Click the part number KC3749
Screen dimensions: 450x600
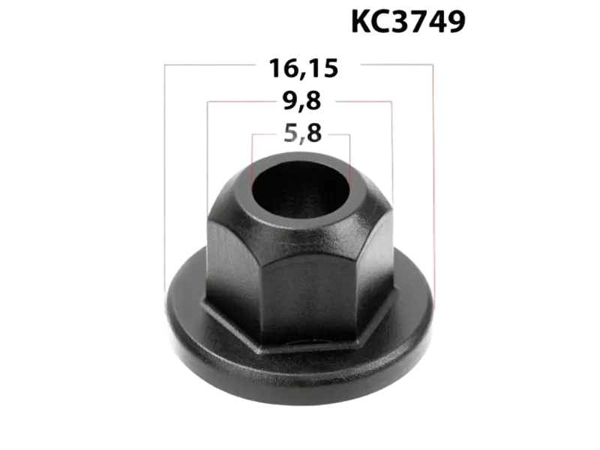point(408,22)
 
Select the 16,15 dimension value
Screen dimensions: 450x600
point(304,67)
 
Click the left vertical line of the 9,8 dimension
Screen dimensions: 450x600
point(208,150)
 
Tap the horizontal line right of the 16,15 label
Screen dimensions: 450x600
point(394,66)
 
